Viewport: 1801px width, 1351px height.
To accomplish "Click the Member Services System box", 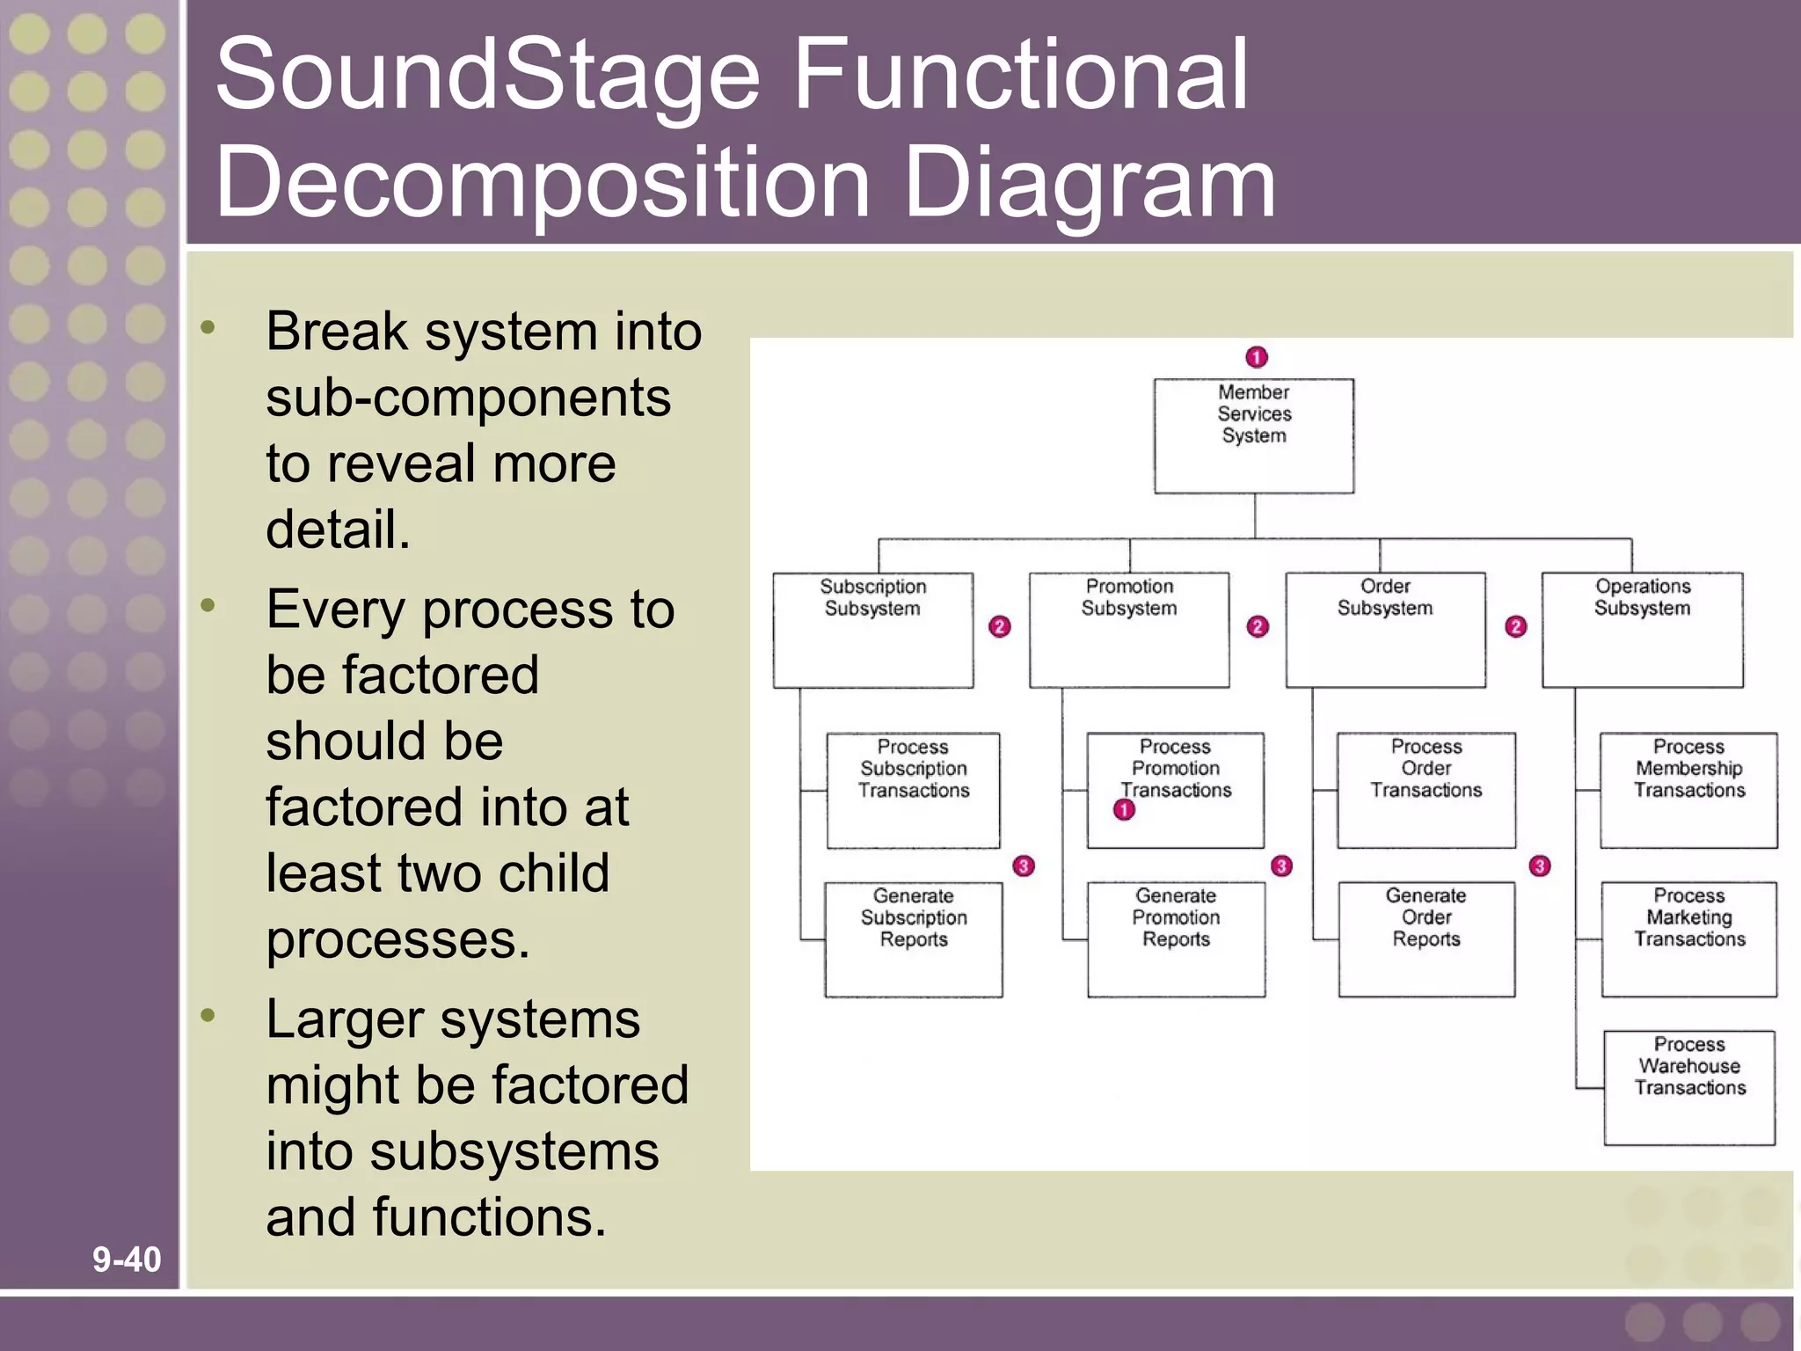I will (x=1253, y=435).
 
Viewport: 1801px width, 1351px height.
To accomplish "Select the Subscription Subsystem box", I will (x=872, y=630).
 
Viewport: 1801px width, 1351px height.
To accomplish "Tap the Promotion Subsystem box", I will (x=1129, y=630).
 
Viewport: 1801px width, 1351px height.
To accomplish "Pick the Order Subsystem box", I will (x=1385, y=630).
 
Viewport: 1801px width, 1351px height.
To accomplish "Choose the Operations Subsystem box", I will (x=1642, y=630).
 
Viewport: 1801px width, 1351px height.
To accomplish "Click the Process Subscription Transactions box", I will (x=913, y=790).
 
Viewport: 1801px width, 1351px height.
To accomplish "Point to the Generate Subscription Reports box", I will (x=913, y=939).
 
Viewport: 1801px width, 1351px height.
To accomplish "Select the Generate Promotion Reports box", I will (x=1176, y=939).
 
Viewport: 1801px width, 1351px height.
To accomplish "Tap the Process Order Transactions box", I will (x=1425, y=790).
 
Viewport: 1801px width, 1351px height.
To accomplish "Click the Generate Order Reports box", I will (x=1425, y=939).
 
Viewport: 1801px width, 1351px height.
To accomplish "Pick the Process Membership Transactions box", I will (x=1688, y=790).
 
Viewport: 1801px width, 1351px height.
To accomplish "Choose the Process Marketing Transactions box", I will (x=1688, y=939).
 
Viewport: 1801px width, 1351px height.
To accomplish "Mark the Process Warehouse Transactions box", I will (x=1688, y=1088).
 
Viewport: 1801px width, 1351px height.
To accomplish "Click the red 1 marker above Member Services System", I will (x=1257, y=357).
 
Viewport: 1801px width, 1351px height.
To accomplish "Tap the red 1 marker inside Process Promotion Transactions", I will (x=1124, y=810).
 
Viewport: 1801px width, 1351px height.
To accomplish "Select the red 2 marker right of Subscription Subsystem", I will (x=1000, y=626).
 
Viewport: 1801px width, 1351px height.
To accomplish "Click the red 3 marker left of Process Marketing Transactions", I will (x=1540, y=865).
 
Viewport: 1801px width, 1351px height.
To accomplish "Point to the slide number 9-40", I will (x=127, y=1259).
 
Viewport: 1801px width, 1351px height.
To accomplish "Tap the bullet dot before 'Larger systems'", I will (x=208, y=1016).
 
